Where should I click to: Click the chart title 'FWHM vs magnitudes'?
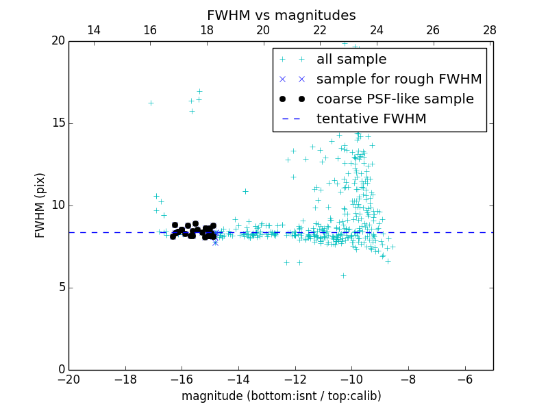tap(281, 15)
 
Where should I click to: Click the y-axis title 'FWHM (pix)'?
tap(40, 206)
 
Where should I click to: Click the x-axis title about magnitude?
tap(281, 396)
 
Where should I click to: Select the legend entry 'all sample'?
tap(351, 60)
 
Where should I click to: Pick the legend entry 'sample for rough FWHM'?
tap(399, 79)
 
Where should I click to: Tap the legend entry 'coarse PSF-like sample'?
tap(395, 99)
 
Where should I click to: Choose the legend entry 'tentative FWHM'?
tap(371, 119)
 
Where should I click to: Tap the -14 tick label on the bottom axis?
tap(238, 379)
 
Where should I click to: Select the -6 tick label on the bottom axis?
tap(464, 379)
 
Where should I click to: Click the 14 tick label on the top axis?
tap(94, 30)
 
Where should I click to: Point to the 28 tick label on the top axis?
tap(489, 30)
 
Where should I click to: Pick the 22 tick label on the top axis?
tap(320, 30)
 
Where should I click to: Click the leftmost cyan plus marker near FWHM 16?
tap(151, 103)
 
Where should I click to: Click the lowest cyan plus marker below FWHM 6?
tap(343, 275)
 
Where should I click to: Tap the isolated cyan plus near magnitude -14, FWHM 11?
tap(245, 191)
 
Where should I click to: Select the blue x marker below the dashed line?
tap(215, 242)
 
